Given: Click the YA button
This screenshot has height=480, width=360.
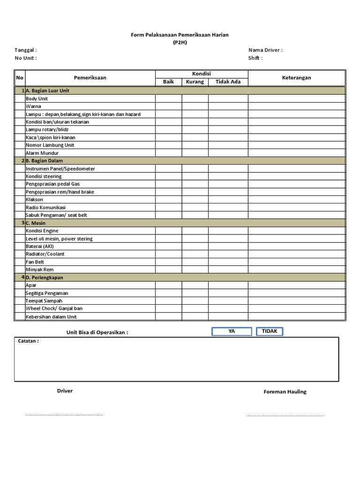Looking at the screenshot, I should point(232,331).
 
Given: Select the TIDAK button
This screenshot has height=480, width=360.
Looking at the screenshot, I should point(270,331).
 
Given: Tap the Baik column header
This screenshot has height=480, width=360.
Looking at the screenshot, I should point(168,82).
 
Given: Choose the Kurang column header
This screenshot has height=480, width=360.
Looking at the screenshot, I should point(195,82).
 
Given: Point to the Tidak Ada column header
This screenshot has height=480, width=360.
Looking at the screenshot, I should point(228,82).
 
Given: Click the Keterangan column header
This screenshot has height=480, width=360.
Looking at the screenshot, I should point(296,78).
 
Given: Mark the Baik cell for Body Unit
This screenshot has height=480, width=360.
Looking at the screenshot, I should point(168,98).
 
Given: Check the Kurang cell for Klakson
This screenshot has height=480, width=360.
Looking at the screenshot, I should point(195,199).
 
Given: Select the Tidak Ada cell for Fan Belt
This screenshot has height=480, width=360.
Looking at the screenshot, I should point(228,262).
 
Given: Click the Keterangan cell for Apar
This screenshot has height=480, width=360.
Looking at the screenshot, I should point(296,285).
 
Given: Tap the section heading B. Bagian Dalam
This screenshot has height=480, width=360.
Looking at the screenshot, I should point(44,161).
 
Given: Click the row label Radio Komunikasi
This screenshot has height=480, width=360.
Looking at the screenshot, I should point(45,207).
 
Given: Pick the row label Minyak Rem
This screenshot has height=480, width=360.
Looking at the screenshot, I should point(39,270).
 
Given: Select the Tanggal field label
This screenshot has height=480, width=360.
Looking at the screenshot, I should point(26,50).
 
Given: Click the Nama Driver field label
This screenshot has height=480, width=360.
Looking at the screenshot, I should point(265,50).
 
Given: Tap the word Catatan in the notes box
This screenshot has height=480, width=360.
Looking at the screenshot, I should point(28,341).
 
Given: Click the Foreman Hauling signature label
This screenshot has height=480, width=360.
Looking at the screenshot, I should point(285,392).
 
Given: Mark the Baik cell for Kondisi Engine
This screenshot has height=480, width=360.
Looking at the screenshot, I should point(168,231).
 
